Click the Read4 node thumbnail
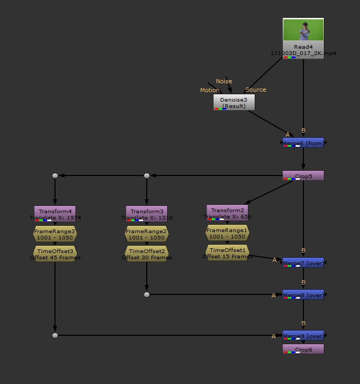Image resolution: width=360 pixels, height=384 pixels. tap(303, 30)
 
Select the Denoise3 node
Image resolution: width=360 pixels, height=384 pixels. tap(234, 102)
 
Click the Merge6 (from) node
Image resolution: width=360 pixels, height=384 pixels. tap(303, 142)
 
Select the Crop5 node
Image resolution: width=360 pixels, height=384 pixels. tap(303, 176)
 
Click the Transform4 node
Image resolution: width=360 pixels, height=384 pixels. tap(55, 212)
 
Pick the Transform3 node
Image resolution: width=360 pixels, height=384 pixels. tap(147, 212)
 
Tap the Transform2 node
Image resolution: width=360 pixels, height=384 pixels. tap(227, 211)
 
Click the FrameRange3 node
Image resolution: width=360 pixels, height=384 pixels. tap(55, 234)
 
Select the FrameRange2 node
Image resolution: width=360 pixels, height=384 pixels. tap(147, 234)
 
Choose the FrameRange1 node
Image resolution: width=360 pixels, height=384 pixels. tap(227, 233)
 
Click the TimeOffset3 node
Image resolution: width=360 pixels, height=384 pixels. tap(55, 254)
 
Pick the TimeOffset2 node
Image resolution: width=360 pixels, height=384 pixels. tap(147, 254)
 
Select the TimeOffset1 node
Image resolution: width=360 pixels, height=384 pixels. tap(227, 253)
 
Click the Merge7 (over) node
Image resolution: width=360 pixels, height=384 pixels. tap(303, 262)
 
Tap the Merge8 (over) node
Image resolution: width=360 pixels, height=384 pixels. tap(303, 295)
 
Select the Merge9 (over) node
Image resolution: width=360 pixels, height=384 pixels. tap(303, 335)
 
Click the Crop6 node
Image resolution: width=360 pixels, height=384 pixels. tap(303, 349)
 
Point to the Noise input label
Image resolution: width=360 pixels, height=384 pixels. tap(224, 81)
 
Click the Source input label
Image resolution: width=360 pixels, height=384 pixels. tap(256, 90)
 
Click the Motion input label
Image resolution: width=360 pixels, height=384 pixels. tap(210, 90)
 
